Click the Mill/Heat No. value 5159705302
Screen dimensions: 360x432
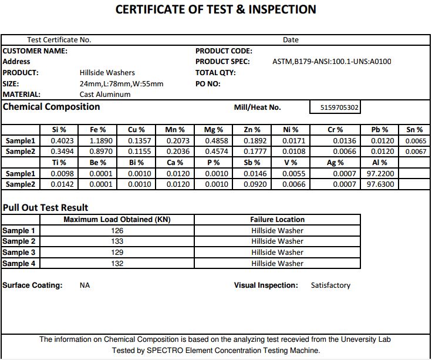(340, 108)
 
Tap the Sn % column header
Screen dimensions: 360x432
(414, 130)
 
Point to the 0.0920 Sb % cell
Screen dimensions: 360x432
(255, 184)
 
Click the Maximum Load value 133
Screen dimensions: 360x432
(117, 241)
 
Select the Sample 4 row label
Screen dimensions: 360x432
(19, 264)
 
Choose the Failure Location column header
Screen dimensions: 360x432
(277, 220)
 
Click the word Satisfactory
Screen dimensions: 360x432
(330, 285)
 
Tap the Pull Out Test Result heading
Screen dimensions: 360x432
(45, 207)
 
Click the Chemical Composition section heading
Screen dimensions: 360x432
(52, 107)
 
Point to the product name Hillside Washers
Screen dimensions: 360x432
(107, 73)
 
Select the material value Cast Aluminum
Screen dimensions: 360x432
(105, 94)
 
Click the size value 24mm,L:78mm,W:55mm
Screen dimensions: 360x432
(122, 83)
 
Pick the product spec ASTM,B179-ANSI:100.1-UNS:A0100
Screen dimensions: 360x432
(332, 62)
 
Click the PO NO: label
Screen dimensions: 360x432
(208, 83)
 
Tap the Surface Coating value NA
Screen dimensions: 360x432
(85, 285)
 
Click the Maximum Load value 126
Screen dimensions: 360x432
(117, 231)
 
